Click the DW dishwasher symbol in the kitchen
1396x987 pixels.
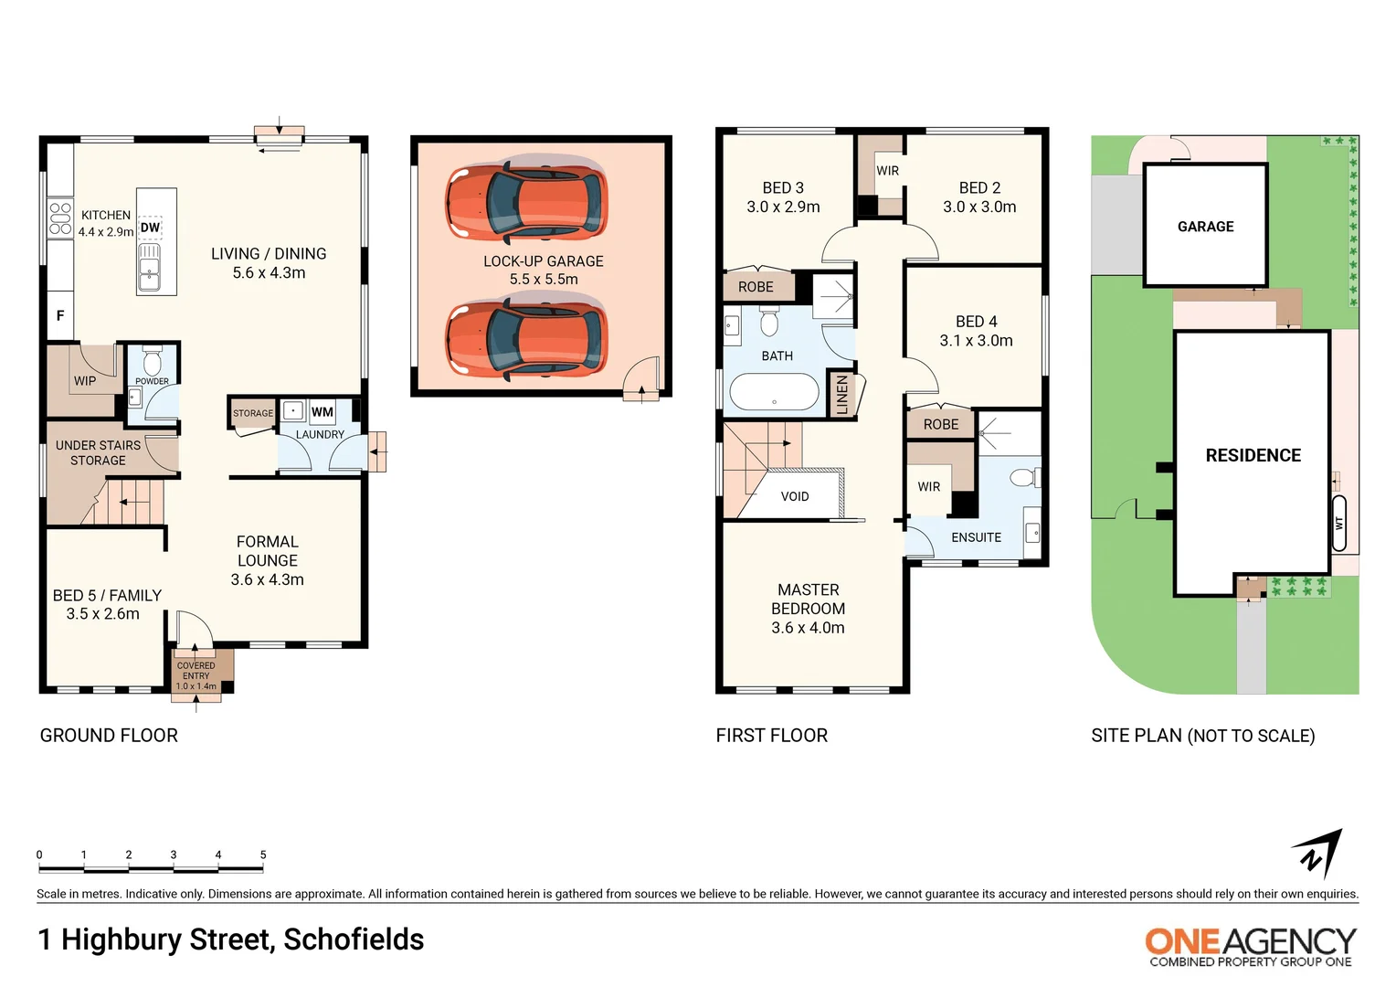click(150, 228)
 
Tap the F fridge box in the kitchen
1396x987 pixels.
click(60, 316)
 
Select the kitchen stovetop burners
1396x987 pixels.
click(60, 218)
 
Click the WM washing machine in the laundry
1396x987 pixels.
click(322, 412)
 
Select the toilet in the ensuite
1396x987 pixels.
click(1023, 478)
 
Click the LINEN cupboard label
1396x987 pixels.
click(842, 395)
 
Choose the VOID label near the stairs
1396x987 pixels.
click(795, 496)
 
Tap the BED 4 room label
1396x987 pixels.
click(976, 331)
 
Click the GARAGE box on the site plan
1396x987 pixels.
click(1205, 226)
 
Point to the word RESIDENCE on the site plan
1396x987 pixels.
click(1253, 455)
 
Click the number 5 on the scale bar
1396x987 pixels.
click(263, 855)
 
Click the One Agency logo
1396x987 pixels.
click(1250, 946)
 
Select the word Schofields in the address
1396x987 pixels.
click(354, 939)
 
